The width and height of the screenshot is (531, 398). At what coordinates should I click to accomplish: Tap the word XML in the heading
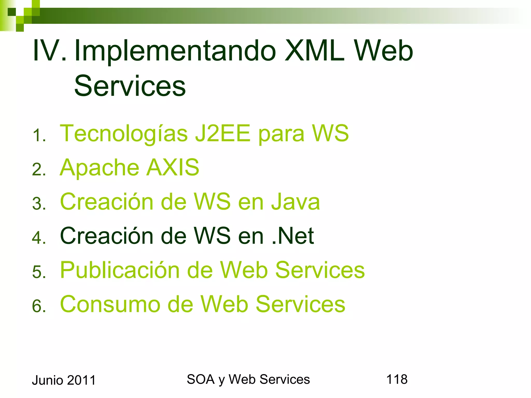click(315, 51)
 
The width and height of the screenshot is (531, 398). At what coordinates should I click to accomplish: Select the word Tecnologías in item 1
click(124, 134)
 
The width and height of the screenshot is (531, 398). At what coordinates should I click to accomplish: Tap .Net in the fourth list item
click(293, 236)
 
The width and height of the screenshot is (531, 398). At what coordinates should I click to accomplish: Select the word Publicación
click(120, 270)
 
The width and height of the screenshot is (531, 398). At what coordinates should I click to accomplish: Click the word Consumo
click(110, 304)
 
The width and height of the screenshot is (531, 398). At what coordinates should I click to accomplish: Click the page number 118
click(397, 379)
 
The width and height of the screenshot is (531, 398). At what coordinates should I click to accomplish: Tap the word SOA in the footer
click(200, 379)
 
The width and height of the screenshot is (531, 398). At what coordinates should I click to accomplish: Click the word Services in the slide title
click(130, 86)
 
